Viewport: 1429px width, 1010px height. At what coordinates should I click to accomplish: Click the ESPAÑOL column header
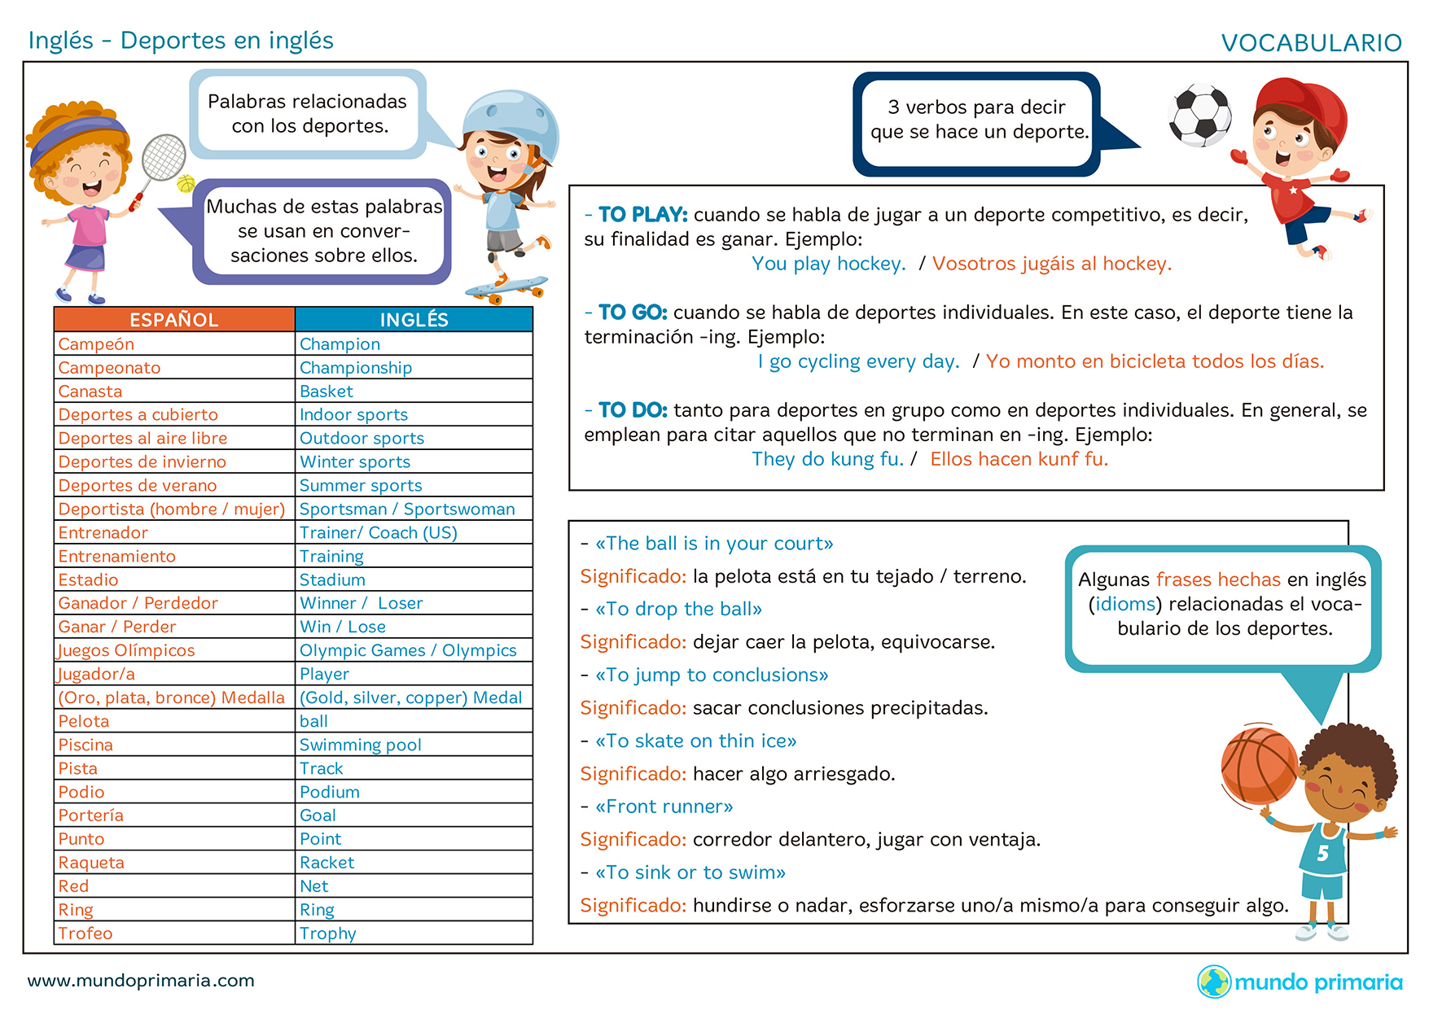[x=174, y=320]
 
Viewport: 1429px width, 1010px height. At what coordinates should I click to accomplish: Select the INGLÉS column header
[x=414, y=320]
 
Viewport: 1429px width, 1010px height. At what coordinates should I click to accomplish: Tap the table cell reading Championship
[x=356, y=368]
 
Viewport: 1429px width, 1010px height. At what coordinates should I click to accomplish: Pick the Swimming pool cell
[x=361, y=745]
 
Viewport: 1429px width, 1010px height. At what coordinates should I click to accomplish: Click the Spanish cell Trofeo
[x=85, y=933]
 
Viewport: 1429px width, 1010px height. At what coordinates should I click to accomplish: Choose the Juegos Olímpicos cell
[x=127, y=650]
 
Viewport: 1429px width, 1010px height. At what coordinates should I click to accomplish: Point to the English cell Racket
[x=327, y=863]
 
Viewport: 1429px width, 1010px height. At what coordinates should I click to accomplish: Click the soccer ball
[x=1199, y=115]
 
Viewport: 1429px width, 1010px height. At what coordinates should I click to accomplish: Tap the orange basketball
[x=1258, y=765]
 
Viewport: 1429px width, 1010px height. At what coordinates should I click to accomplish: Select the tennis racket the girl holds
[x=163, y=159]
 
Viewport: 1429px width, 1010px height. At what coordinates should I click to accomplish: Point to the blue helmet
[x=511, y=122]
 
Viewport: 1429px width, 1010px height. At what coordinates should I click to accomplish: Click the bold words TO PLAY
[x=643, y=215]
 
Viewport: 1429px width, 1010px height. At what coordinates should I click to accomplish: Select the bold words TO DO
[x=633, y=410]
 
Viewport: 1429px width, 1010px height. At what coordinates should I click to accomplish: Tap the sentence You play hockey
[x=828, y=264]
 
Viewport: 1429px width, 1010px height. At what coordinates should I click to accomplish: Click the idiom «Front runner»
[x=664, y=807]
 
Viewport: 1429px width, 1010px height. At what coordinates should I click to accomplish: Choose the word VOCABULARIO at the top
[x=1311, y=42]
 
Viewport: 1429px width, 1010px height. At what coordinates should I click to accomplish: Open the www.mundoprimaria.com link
[x=141, y=981]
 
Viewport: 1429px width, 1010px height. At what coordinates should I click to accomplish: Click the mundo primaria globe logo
[x=1214, y=982]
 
